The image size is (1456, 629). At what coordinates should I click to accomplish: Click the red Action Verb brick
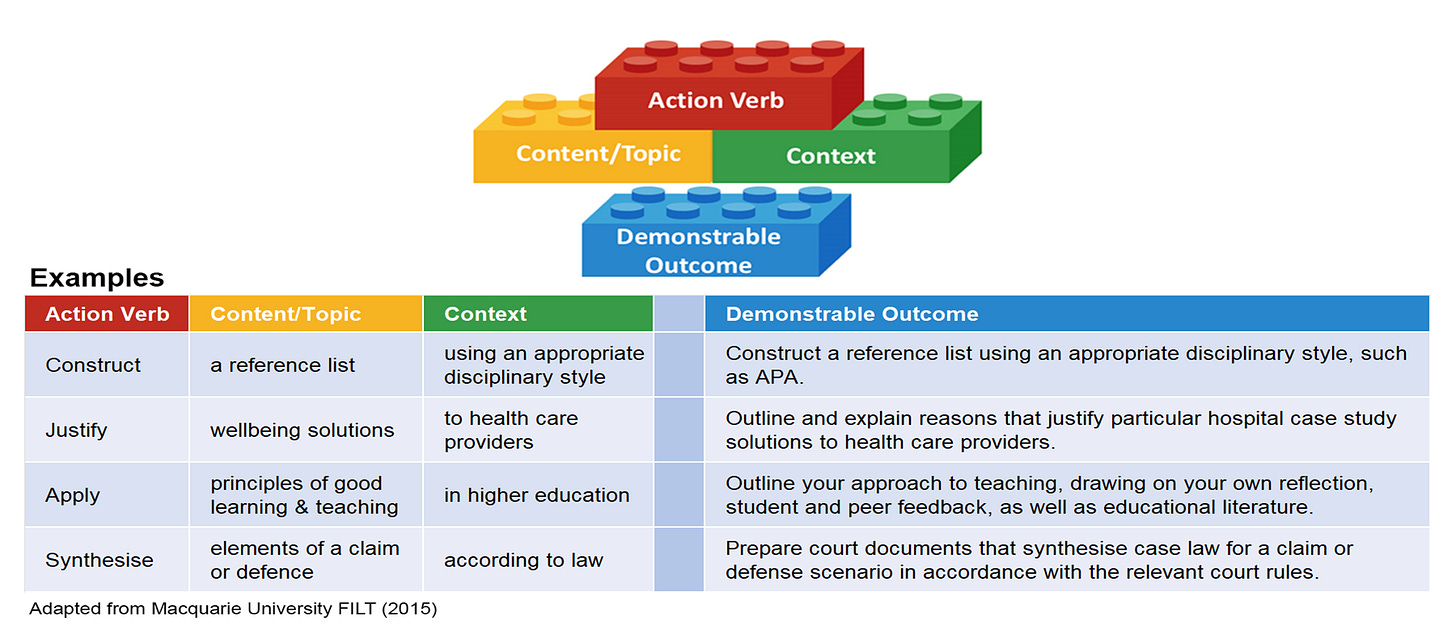716,100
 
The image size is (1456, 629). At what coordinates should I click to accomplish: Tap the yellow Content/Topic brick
598,154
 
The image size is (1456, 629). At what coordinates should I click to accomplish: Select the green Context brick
831,156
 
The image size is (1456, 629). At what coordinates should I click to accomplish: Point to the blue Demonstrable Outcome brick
698,250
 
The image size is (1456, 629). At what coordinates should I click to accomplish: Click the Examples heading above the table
96,277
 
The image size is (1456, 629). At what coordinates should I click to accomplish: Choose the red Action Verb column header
107,314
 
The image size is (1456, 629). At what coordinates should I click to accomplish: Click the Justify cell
76,430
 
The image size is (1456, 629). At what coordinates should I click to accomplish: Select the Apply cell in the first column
72,495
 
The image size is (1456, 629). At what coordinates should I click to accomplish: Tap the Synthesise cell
99,560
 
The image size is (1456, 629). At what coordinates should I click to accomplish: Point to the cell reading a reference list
282,365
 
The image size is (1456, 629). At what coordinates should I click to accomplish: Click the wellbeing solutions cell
302,430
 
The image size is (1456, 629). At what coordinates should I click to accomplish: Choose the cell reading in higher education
537,495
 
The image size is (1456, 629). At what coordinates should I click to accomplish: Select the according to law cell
523,560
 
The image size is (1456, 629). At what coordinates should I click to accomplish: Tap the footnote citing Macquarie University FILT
233,608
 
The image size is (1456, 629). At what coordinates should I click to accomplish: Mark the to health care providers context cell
511,430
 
